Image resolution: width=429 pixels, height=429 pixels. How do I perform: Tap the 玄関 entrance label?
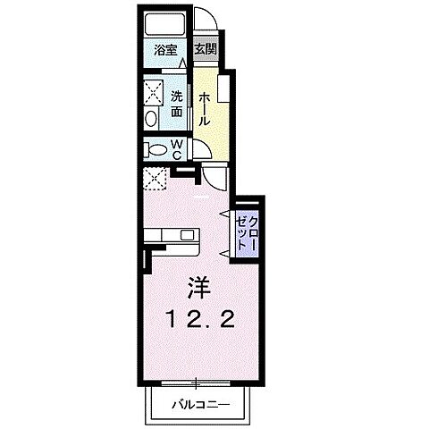pyautogui.click(x=205, y=51)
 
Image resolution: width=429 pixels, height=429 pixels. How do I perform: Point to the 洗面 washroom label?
pyautogui.click(x=177, y=105)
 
